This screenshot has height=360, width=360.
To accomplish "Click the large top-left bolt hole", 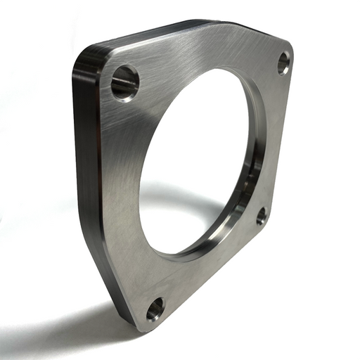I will (125, 82).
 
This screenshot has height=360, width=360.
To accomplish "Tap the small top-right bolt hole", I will (283, 63).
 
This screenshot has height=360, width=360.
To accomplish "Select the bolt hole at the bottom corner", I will (155, 308).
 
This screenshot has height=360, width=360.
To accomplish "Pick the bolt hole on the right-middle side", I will (262, 216).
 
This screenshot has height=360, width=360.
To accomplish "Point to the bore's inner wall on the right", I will (255, 155).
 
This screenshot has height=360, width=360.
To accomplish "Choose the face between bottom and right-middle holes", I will (211, 278).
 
